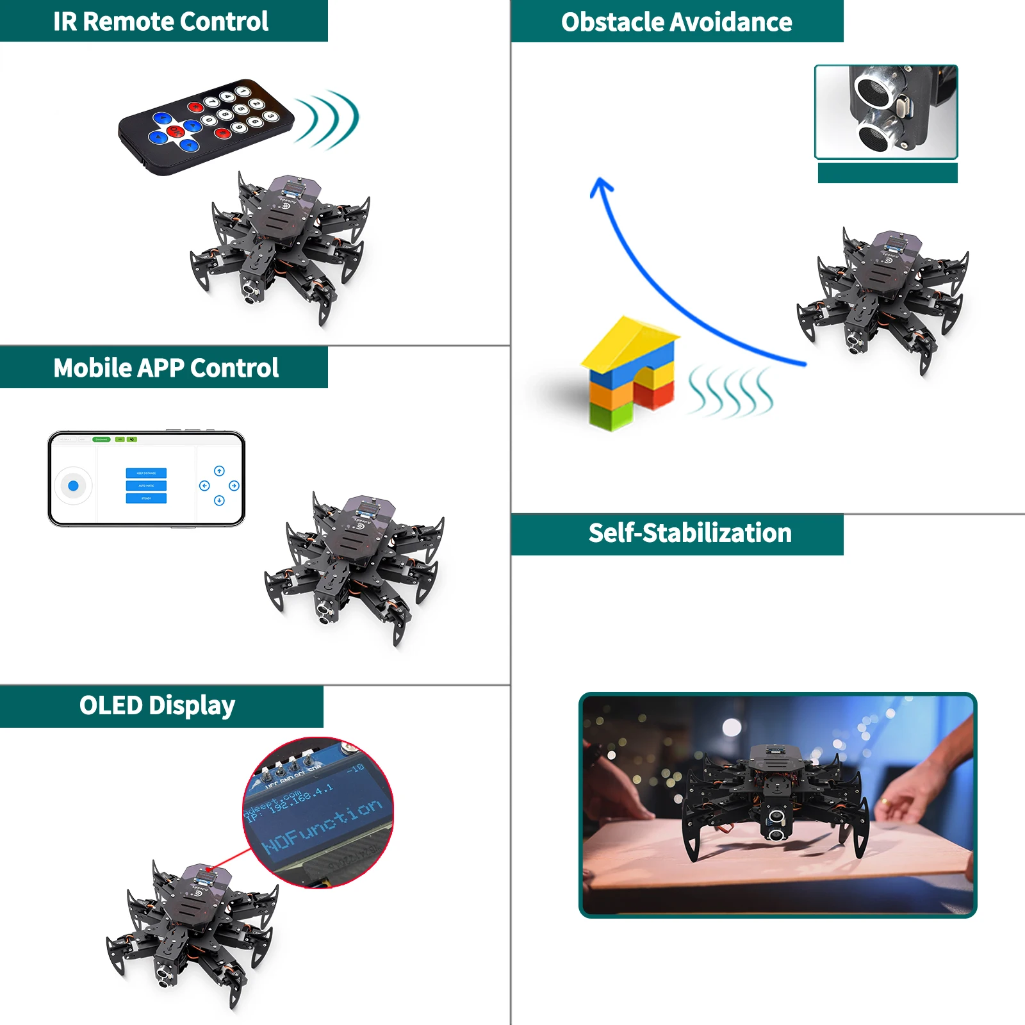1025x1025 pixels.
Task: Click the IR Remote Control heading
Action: (x=160, y=21)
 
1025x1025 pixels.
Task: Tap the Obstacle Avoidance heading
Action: (x=676, y=22)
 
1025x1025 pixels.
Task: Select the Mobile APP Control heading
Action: (x=165, y=368)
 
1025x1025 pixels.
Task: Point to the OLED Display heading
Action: (x=157, y=705)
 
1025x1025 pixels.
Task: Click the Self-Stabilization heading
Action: (x=690, y=533)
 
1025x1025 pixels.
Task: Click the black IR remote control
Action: (x=205, y=125)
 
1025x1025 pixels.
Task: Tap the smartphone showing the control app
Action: (x=146, y=479)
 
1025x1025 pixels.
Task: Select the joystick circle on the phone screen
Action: (x=73, y=486)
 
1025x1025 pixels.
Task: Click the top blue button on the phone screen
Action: (x=146, y=473)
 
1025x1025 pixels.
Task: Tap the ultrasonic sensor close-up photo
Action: (x=886, y=111)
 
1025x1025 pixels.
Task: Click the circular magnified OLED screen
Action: (x=318, y=812)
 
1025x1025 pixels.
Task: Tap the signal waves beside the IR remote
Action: (x=328, y=119)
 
